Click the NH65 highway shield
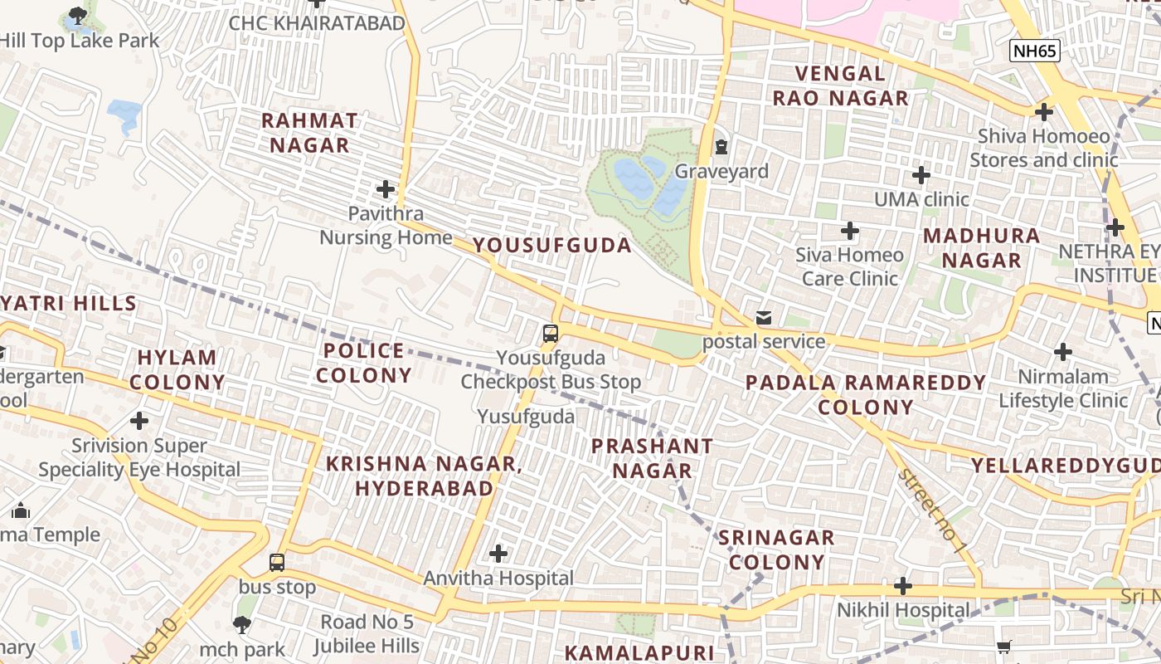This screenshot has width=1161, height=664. (x=1035, y=51)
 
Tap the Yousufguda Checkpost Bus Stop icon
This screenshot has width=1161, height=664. (x=550, y=334)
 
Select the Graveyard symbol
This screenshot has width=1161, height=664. (x=721, y=148)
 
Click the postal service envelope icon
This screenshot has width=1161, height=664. (x=763, y=318)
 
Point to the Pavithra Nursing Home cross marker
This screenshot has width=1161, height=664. (x=386, y=189)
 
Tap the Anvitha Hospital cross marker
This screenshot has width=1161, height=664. (x=498, y=553)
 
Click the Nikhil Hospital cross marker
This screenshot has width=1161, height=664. (x=903, y=586)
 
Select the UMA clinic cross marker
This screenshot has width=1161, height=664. (x=921, y=175)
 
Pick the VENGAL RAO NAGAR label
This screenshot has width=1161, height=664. (x=840, y=85)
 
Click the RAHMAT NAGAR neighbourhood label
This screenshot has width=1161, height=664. (x=309, y=133)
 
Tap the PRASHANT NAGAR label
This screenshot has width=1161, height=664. (x=652, y=458)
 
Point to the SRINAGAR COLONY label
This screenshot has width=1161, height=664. (x=776, y=549)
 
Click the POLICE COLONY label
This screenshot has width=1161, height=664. (x=364, y=363)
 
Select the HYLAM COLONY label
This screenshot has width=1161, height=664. (x=177, y=370)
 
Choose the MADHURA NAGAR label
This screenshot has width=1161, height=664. (x=981, y=247)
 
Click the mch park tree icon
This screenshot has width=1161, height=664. (x=242, y=625)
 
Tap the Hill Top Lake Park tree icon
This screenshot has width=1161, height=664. (x=77, y=15)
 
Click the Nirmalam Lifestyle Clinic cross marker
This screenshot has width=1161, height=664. (x=1063, y=352)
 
